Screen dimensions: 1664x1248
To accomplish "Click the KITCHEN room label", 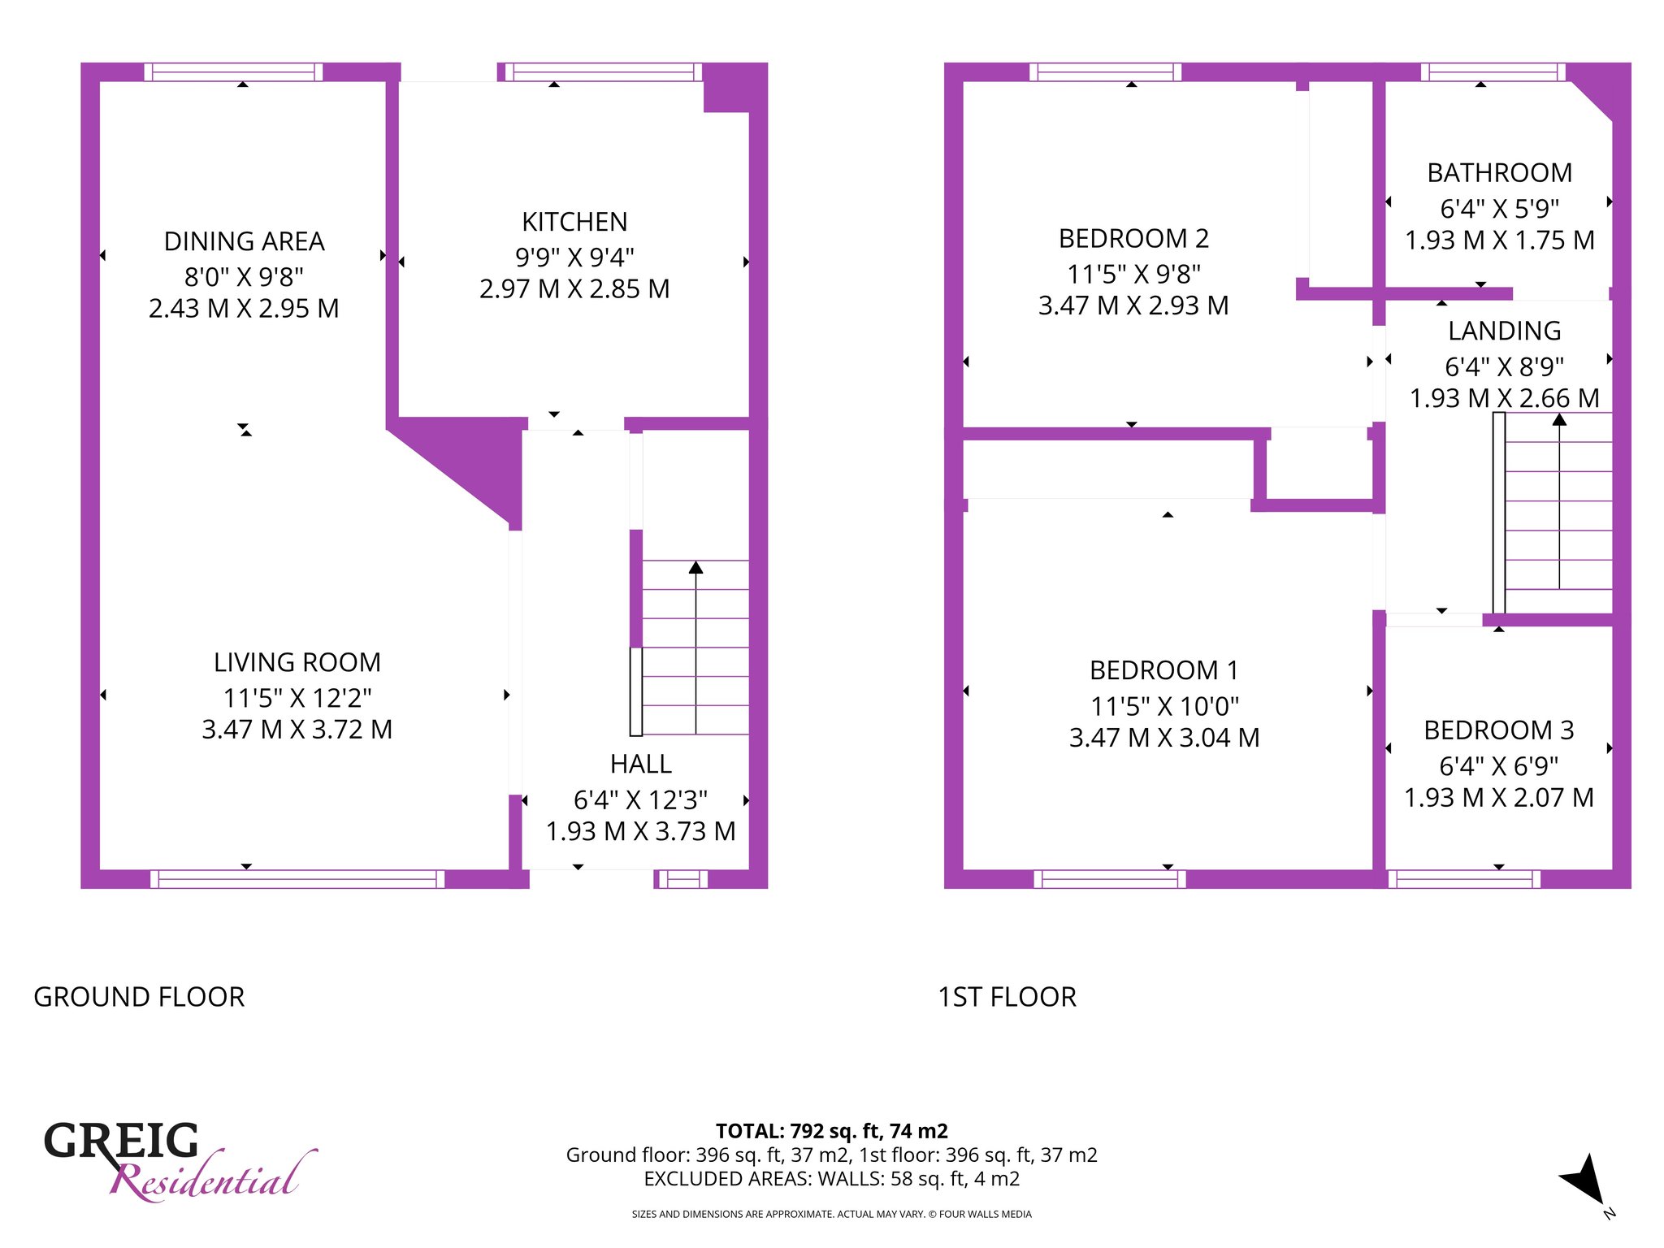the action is [x=574, y=222].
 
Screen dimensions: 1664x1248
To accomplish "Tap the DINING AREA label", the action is [x=245, y=241].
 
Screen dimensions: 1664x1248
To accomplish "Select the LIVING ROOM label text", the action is [x=297, y=662].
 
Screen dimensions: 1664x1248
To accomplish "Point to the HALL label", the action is [x=641, y=764].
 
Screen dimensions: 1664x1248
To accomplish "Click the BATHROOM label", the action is [x=1500, y=173].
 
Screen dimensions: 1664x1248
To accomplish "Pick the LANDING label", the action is [x=1505, y=331].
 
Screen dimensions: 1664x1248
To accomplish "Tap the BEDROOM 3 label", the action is [x=1499, y=730].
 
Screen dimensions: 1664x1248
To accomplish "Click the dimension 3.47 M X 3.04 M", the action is [x=1164, y=738].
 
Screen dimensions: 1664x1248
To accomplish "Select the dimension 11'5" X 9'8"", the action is [x=1134, y=275].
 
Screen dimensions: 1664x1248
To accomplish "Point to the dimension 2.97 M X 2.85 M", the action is [x=574, y=289].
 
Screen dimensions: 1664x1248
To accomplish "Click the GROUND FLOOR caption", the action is [x=139, y=997].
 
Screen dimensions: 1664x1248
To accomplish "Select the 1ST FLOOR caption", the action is [x=1007, y=997].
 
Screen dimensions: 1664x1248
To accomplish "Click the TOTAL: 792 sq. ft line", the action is [x=832, y=1131].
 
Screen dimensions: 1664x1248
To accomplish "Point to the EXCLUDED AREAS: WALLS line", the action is [x=832, y=1179].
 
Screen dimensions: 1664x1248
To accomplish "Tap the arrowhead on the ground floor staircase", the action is [x=695, y=567].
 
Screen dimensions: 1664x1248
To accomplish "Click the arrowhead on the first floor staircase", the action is [x=1559, y=419].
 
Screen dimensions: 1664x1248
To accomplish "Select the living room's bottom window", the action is [x=297, y=879].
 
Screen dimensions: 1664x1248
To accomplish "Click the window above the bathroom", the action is [x=1493, y=72].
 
